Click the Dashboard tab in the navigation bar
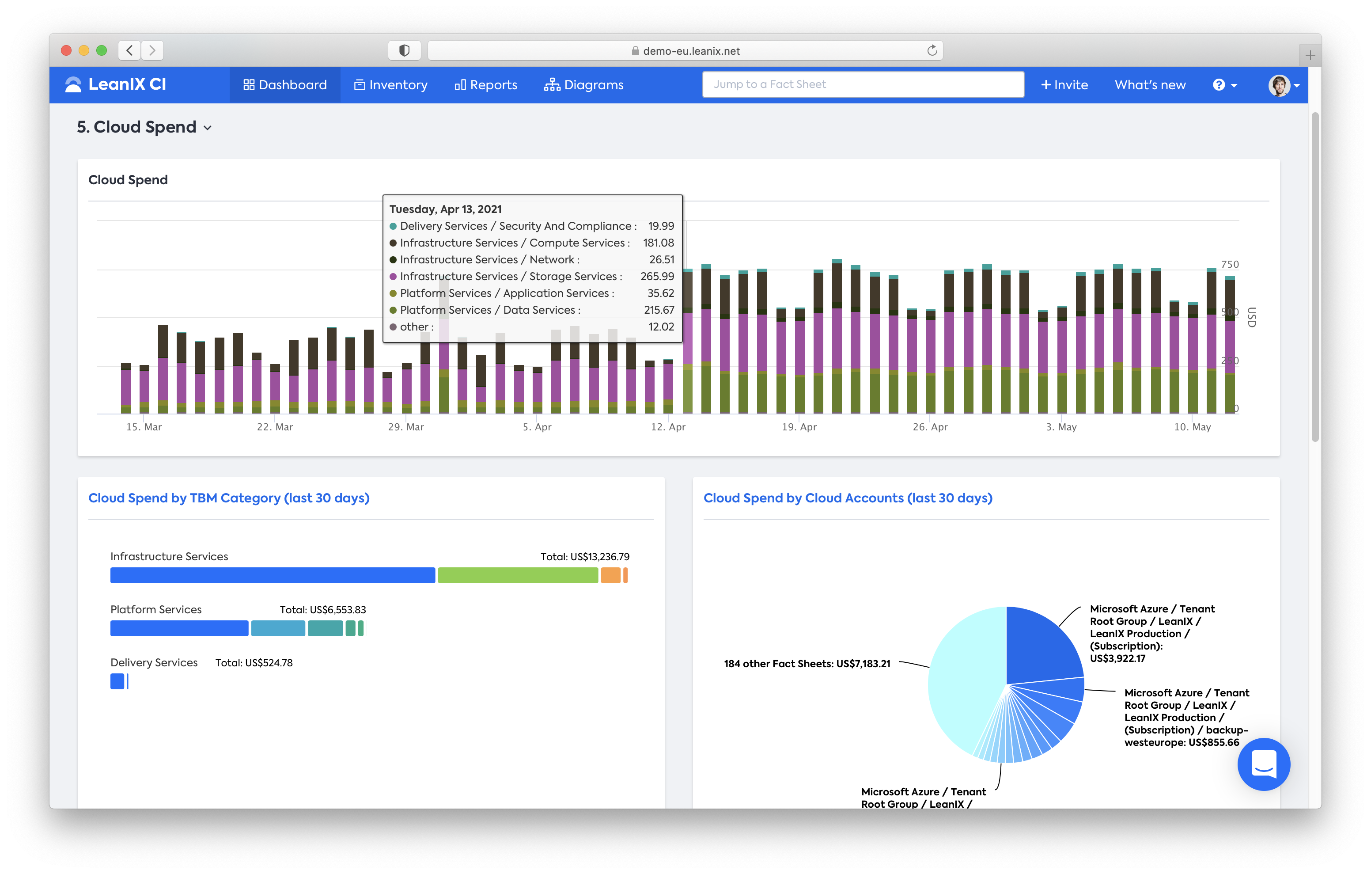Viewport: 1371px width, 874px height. tap(285, 85)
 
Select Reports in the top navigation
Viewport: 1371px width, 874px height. tap(486, 85)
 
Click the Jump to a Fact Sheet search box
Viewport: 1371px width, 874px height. tap(863, 84)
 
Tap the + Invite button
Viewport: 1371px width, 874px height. tap(1064, 85)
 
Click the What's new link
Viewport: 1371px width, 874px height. tap(1150, 85)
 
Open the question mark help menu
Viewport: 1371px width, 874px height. tap(1225, 85)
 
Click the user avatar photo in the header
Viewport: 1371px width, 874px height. tap(1279, 85)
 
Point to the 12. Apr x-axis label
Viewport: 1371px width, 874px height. tap(668, 427)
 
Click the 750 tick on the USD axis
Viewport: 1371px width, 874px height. tap(1229, 264)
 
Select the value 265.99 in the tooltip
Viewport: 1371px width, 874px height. tap(657, 276)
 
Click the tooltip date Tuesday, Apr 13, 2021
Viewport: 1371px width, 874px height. tap(445, 209)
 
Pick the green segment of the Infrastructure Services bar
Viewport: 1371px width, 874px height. tap(518, 575)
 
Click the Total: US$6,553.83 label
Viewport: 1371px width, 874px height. tap(323, 610)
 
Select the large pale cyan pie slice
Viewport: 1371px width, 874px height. tap(962, 678)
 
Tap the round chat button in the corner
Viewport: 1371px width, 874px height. tap(1263, 764)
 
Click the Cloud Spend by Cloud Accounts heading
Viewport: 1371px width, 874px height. tap(848, 498)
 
